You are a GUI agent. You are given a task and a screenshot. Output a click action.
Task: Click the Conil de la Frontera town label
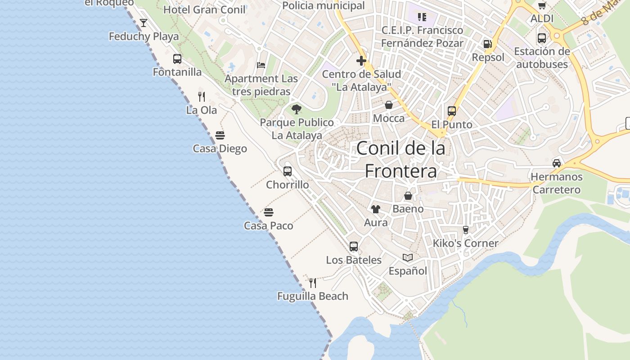[x=400, y=160]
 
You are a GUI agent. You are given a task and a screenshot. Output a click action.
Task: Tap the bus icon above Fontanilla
[x=177, y=58]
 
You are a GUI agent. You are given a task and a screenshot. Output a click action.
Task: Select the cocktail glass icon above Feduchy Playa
[x=144, y=22]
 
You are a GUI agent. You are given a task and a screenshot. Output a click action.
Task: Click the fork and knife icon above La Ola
[x=202, y=96]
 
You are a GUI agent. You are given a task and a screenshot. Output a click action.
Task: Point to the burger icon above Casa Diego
[x=220, y=135]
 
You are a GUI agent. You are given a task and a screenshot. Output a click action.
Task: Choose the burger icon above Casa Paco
[x=269, y=212]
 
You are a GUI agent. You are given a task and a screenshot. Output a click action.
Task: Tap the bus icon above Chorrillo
[x=288, y=171]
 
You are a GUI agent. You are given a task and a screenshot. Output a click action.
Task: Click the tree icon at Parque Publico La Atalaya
[x=296, y=109]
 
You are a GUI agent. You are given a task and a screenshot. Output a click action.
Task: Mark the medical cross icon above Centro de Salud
[x=361, y=61]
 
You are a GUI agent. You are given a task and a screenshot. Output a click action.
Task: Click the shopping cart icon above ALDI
[x=542, y=5]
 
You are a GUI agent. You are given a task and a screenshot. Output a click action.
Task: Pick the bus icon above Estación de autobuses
[x=542, y=38]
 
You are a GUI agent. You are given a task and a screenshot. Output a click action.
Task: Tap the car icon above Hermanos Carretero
[x=557, y=163]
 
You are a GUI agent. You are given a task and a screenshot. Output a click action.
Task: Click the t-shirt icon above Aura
[x=375, y=209]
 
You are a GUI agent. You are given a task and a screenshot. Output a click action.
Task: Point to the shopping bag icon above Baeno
[x=408, y=196]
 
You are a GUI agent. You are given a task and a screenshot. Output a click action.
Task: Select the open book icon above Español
[x=408, y=257]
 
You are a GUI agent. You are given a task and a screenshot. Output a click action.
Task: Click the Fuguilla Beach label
[x=313, y=296]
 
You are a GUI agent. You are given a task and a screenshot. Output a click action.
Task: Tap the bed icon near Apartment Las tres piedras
[x=261, y=65]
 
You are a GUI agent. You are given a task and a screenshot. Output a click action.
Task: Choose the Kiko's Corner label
[x=466, y=243]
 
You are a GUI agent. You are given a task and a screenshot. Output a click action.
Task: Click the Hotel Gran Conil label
[x=204, y=9]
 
